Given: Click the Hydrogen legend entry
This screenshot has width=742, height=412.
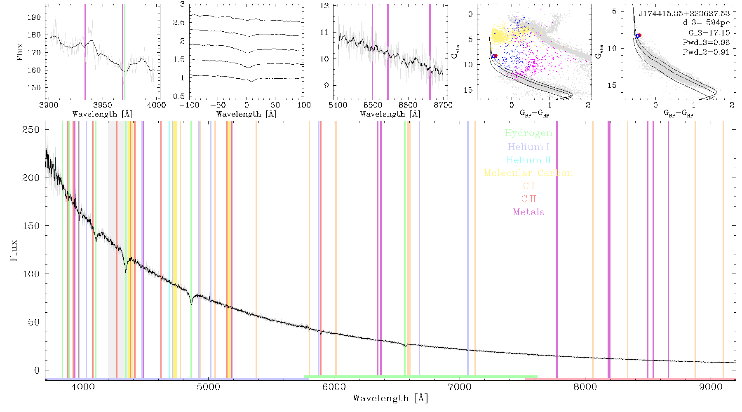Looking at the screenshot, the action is (528, 133).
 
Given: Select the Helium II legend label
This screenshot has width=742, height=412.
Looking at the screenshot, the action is (528, 160).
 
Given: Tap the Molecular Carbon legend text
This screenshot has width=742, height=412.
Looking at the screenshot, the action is (528, 173).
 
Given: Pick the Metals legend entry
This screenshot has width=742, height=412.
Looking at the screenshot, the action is (529, 212).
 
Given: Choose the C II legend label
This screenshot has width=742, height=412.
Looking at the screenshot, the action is (529, 199).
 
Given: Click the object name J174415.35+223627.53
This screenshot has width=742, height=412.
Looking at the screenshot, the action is (684, 14).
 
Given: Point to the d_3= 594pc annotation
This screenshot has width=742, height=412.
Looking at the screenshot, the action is (706, 23).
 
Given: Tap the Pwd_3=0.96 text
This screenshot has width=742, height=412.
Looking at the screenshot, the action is (706, 42).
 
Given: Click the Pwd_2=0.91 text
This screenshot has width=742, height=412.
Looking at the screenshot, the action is (706, 52).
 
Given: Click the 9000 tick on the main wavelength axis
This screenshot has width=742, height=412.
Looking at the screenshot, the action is (711, 387).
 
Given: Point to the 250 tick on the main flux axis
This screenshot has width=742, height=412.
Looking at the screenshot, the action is (31, 130).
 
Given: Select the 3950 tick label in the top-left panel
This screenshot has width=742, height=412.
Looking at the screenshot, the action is (103, 105).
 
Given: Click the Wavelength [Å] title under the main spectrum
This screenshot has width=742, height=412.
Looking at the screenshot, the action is (390, 398).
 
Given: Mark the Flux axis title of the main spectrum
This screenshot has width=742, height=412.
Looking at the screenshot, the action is (14, 250).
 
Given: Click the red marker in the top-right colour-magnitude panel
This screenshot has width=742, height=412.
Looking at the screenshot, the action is (639, 35).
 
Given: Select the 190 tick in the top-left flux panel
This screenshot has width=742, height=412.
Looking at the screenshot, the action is (34, 17).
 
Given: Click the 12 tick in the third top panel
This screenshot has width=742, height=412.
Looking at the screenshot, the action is (325, 6).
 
